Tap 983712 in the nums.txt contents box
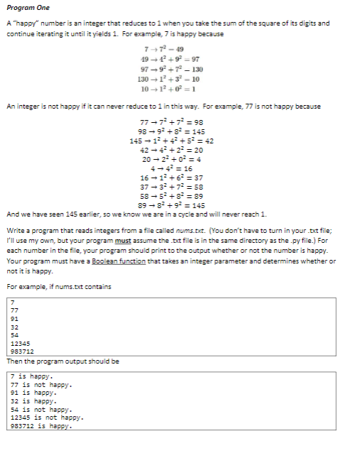(23, 351)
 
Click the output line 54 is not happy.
(41, 410)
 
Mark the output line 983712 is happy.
(43, 427)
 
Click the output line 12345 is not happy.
(47, 418)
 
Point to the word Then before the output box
(13, 361)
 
